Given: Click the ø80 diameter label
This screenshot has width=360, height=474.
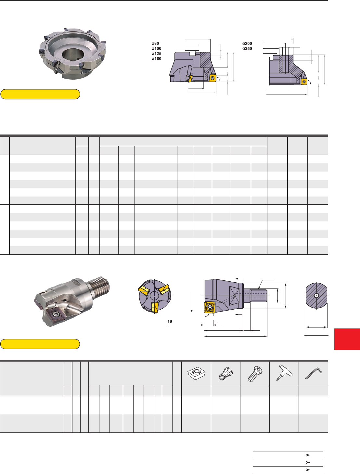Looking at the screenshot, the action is coord(155,44).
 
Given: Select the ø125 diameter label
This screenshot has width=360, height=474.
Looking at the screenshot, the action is coord(156,54).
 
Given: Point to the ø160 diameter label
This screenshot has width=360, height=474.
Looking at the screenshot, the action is coord(156,59).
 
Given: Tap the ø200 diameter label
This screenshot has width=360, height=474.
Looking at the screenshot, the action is coord(247,44).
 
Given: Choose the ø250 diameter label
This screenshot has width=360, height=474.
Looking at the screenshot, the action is coord(247,49).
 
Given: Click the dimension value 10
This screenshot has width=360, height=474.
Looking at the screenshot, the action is coord(170,321).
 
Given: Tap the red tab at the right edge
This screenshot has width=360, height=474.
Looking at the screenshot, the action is coord(347,339).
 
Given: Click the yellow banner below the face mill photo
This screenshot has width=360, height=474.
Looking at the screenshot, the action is coord(40,94).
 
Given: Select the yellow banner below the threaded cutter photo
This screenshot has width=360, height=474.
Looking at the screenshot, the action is coord(40,344).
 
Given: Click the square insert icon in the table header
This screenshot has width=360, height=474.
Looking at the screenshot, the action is coord(196,373).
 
